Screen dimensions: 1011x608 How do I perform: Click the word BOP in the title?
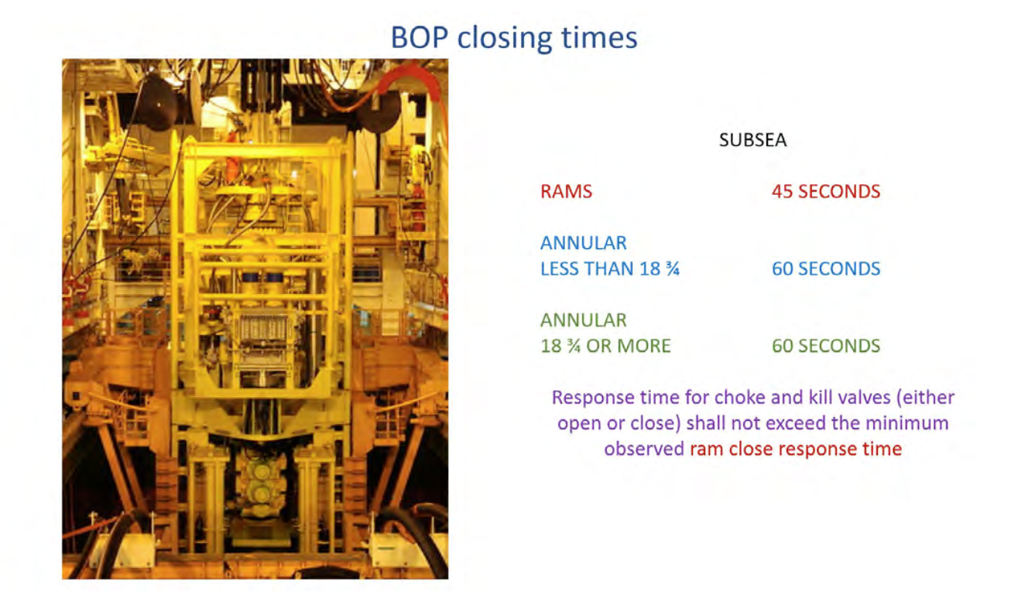tap(420, 37)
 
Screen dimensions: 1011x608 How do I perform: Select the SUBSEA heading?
tap(753, 140)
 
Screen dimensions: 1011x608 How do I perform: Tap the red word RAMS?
tap(566, 191)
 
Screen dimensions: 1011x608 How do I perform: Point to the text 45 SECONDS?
tap(826, 191)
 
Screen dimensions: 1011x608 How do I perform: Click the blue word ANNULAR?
tap(584, 243)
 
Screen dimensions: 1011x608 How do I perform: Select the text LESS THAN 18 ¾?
tap(610, 268)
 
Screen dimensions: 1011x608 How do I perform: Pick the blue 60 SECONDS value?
tap(826, 268)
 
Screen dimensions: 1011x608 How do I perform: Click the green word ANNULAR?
tap(584, 319)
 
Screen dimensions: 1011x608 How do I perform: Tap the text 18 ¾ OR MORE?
tap(605, 346)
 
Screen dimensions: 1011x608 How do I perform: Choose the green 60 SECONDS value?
tap(826, 346)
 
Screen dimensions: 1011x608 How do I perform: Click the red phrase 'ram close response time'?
tap(796, 449)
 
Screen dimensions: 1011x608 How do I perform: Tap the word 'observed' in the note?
tap(644, 449)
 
